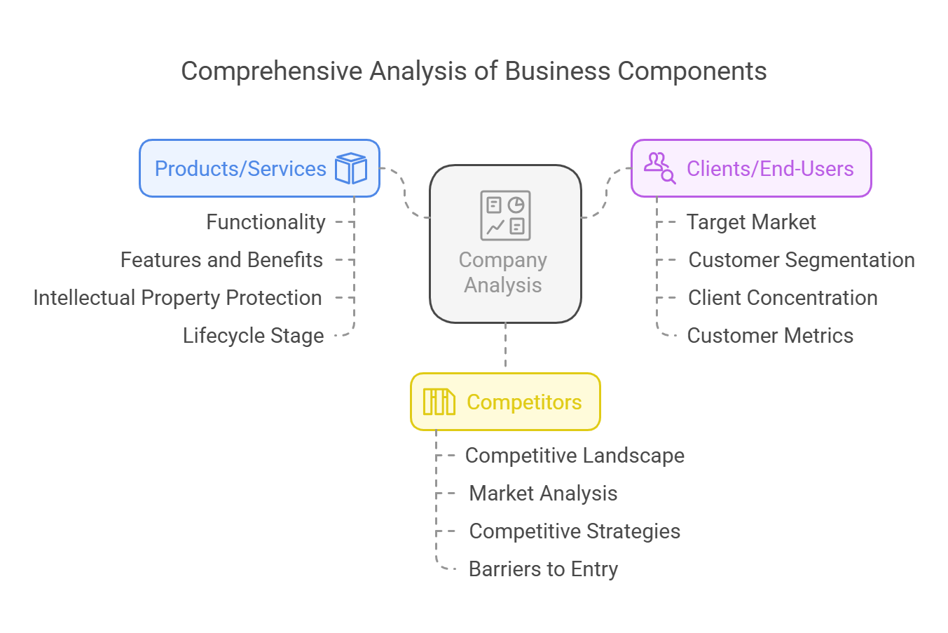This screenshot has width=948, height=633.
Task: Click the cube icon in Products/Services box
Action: [351, 168]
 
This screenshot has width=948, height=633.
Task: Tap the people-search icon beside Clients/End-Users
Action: [660, 168]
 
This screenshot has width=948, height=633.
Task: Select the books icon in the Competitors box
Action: [439, 402]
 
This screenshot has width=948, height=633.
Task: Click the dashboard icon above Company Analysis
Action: [505, 215]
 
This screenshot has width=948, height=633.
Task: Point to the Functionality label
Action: [266, 222]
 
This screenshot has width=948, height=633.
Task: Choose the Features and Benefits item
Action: [222, 259]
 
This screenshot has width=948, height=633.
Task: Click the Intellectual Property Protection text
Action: [178, 298]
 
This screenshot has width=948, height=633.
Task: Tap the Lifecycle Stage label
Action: [254, 336]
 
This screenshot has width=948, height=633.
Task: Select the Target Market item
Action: [751, 222]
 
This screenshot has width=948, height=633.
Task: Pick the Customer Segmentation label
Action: [802, 259]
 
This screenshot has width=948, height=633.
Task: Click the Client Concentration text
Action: [783, 298]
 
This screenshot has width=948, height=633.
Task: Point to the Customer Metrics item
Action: [770, 336]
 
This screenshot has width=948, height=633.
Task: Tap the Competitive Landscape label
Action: [575, 456]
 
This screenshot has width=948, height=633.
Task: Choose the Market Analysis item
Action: [544, 494]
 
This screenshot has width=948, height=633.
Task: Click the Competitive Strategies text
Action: [575, 531]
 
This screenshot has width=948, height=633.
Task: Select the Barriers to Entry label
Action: [544, 569]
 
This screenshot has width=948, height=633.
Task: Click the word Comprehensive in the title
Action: [272, 71]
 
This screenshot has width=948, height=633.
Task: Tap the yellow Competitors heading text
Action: [524, 402]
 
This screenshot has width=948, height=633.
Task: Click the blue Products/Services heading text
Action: [240, 168]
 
